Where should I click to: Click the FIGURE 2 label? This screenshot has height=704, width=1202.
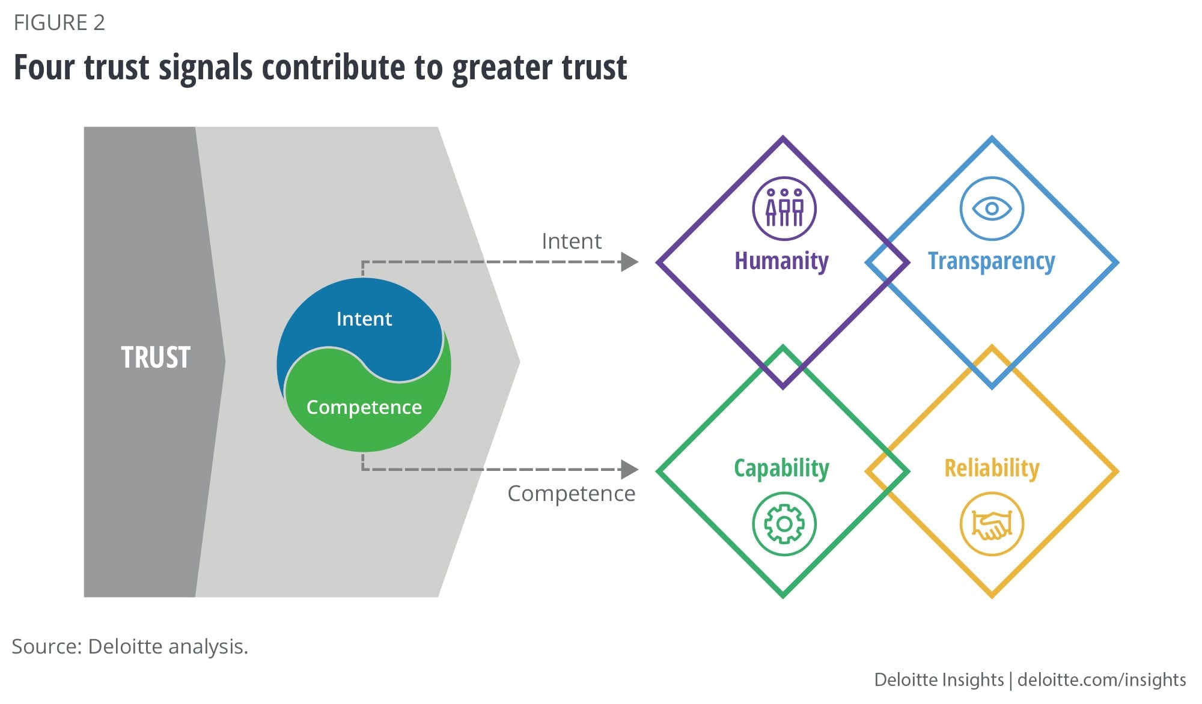click(x=59, y=23)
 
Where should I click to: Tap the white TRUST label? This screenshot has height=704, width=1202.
click(x=156, y=357)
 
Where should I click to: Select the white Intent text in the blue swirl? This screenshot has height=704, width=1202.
click(x=364, y=318)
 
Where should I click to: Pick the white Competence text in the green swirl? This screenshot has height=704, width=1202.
click(x=364, y=407)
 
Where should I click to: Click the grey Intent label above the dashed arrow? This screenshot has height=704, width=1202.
click(x=571, y=241)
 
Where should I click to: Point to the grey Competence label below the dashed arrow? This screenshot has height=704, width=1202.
click(x=571, y=493)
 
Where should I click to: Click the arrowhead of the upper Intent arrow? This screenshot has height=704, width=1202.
click(x=629, y=262)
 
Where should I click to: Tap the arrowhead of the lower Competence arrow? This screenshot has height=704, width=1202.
click(x=629, y=469)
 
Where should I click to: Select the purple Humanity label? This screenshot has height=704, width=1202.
click(x=781, y=261)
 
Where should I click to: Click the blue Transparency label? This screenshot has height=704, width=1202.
click(x=991, y=261)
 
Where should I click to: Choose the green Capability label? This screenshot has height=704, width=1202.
click(x=781, y=468)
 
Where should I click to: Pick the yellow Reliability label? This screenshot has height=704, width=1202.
click(x=992, y=468)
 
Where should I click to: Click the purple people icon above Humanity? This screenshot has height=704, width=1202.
click(x=784, y=208)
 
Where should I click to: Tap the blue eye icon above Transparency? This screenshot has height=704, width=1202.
click(x=992, y=208)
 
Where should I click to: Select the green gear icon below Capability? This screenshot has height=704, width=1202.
click(x=784, y=524)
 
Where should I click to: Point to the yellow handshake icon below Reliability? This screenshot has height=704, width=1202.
click(x=992, y=524)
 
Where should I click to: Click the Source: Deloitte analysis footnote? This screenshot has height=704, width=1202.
click(x=130, y=646)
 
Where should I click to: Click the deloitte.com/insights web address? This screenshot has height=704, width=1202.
click(x=1102, y=679)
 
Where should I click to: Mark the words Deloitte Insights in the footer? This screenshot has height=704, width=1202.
click(x=939, y=679)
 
